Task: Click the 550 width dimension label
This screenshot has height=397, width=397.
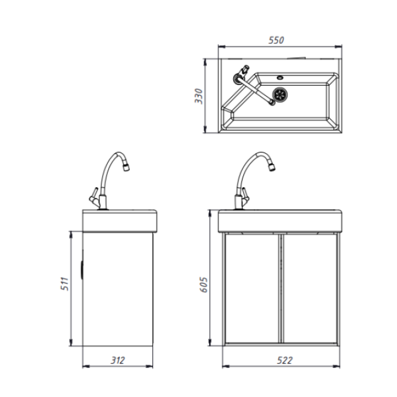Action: [276, 40]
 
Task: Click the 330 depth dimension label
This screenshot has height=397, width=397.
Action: [198, 96]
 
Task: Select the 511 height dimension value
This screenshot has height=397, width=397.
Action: [65, 284]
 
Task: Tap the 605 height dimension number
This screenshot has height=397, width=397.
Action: [204, 285]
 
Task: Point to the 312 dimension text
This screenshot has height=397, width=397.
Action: [118, 360]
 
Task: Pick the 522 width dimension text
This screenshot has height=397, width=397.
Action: [285, 360]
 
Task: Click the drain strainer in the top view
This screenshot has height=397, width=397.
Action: [280, 94]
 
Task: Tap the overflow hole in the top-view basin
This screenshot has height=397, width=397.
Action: [280, 78]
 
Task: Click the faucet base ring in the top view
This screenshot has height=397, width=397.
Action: [238, 78]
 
